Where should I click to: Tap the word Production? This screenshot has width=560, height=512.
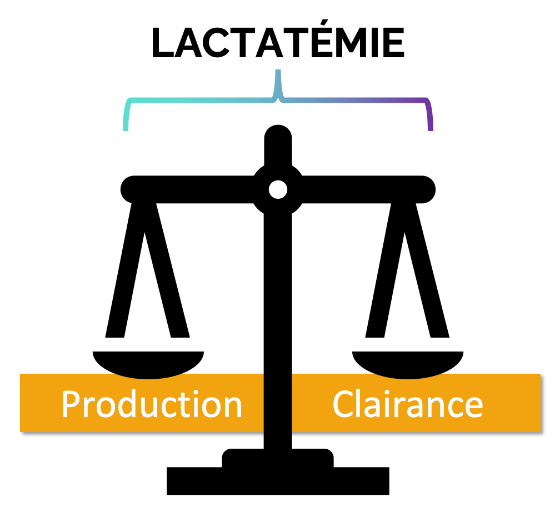pyautogui.click(x=152, y=404)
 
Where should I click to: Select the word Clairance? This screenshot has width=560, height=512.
pyautogui.click(x=407, y=404)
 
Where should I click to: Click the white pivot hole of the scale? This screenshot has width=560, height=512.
pyautogui.click(x=278, y=190)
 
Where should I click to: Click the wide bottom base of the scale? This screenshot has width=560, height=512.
pyautogui.click(x=278, y=480)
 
